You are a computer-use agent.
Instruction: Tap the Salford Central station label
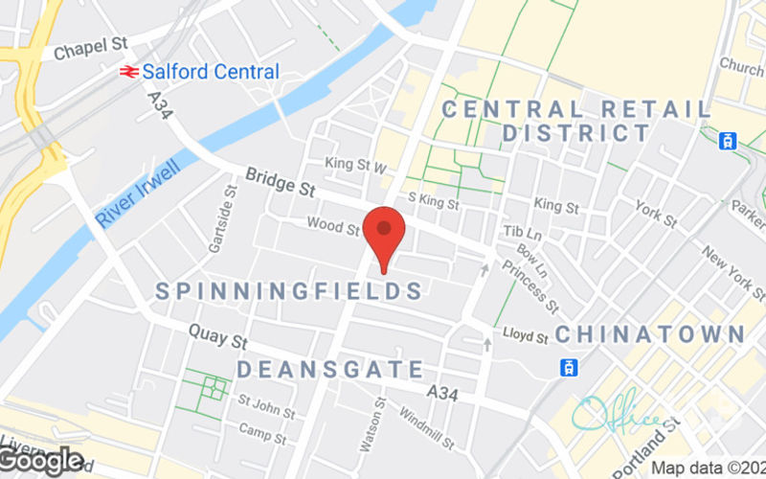(x=211, y=72)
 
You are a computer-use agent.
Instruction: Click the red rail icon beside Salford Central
(x=126, y=72)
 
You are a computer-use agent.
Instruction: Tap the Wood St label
(x=332, y=227)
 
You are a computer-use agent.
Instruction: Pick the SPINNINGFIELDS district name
(x=288, y=290)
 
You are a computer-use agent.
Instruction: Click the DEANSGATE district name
(x=329, y=369)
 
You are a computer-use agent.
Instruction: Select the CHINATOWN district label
(x=650, y=334)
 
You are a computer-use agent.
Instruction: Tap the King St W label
(x=355, y=165)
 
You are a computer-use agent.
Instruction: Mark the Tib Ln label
(x=523, y=233)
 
